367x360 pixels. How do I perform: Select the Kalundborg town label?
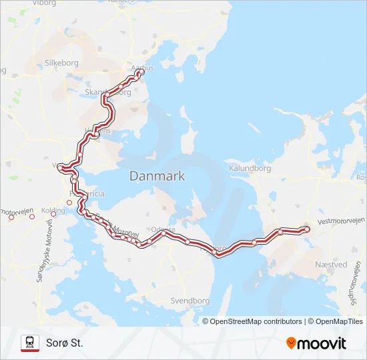coord(250,169)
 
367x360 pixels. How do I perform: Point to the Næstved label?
coord(330,265)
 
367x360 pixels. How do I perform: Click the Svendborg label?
coord(190,301)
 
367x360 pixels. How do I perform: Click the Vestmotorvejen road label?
coord(342,221)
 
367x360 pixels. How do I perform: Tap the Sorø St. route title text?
coord(65,343)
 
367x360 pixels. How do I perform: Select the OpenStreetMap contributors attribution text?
coord(256,321)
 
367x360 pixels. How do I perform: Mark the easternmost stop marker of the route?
coord(307,229)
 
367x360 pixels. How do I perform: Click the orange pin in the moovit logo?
coord(291,343)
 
